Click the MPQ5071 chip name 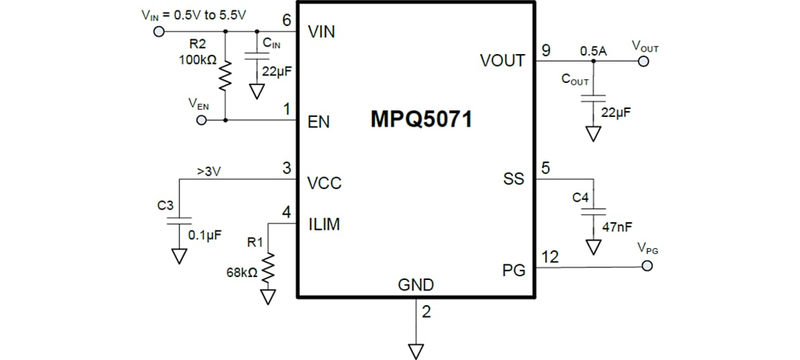pyautogui.click(x=421, y=120)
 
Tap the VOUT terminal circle pyautogui.click(x=643, y=61)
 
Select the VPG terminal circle pyautogui.click(x=647, y=264)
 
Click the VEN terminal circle pyautogui.click(x=201, y=120)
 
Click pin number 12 pyautogui.click(x=550, y=256)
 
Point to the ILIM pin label pyautogui.click(x=324, y=224)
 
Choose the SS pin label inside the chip pyautogui.click(x=513, y=179)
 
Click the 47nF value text pyautogui.click(x=617, y=227)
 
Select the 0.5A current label pyautogui.click(x=593, y=50)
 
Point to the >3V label pyautogui.click(x=210, y=171)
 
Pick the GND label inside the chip pyautogui.click(x=416, y=285)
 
